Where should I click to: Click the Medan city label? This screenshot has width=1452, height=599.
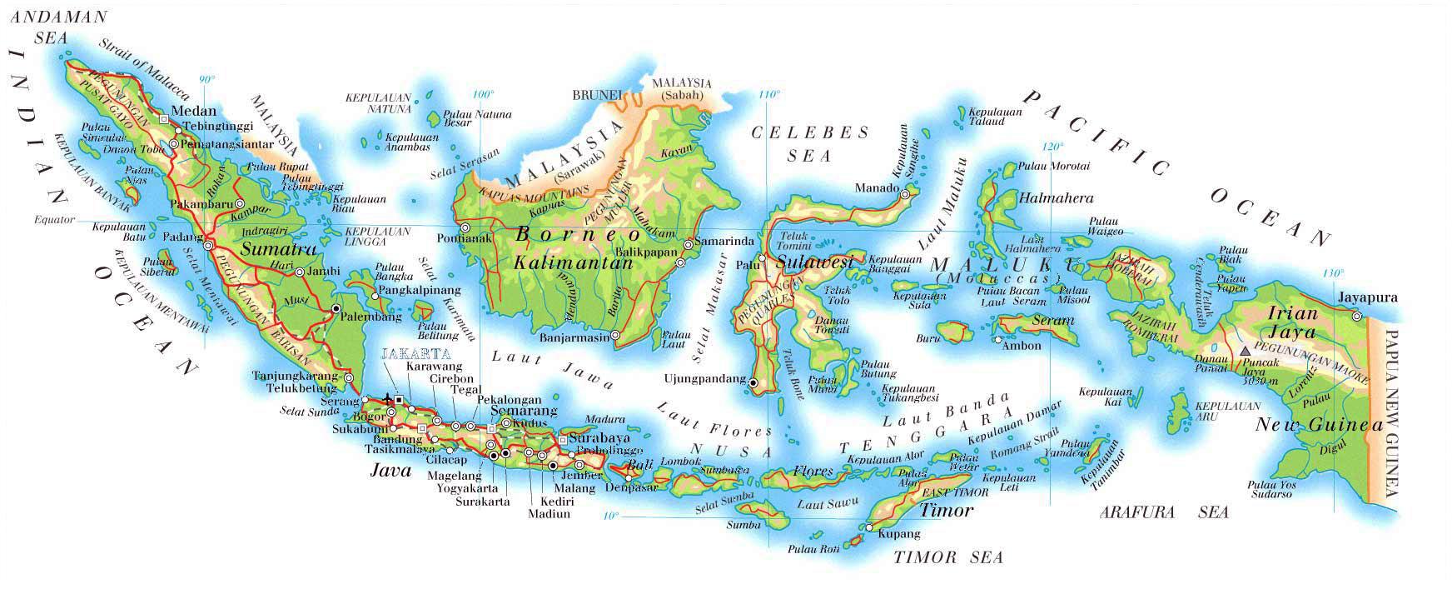(193, 111)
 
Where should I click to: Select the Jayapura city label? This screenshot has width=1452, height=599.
(1368, 297)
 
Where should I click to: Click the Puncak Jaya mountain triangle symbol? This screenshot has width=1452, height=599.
(1246, 352)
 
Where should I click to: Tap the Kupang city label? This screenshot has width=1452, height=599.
(899, 533)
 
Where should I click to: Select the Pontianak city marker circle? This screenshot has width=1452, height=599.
(465, 227)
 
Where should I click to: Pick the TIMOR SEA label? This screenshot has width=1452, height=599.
(948, 557)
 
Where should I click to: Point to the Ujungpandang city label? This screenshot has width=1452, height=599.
(704, 379)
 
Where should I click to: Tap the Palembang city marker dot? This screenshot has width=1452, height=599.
(336, 309)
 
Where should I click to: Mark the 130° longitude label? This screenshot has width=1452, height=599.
(1333, 273)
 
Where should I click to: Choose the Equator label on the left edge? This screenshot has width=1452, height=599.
(54, 221)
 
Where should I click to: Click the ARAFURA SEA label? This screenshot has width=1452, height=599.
(1163, 513)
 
